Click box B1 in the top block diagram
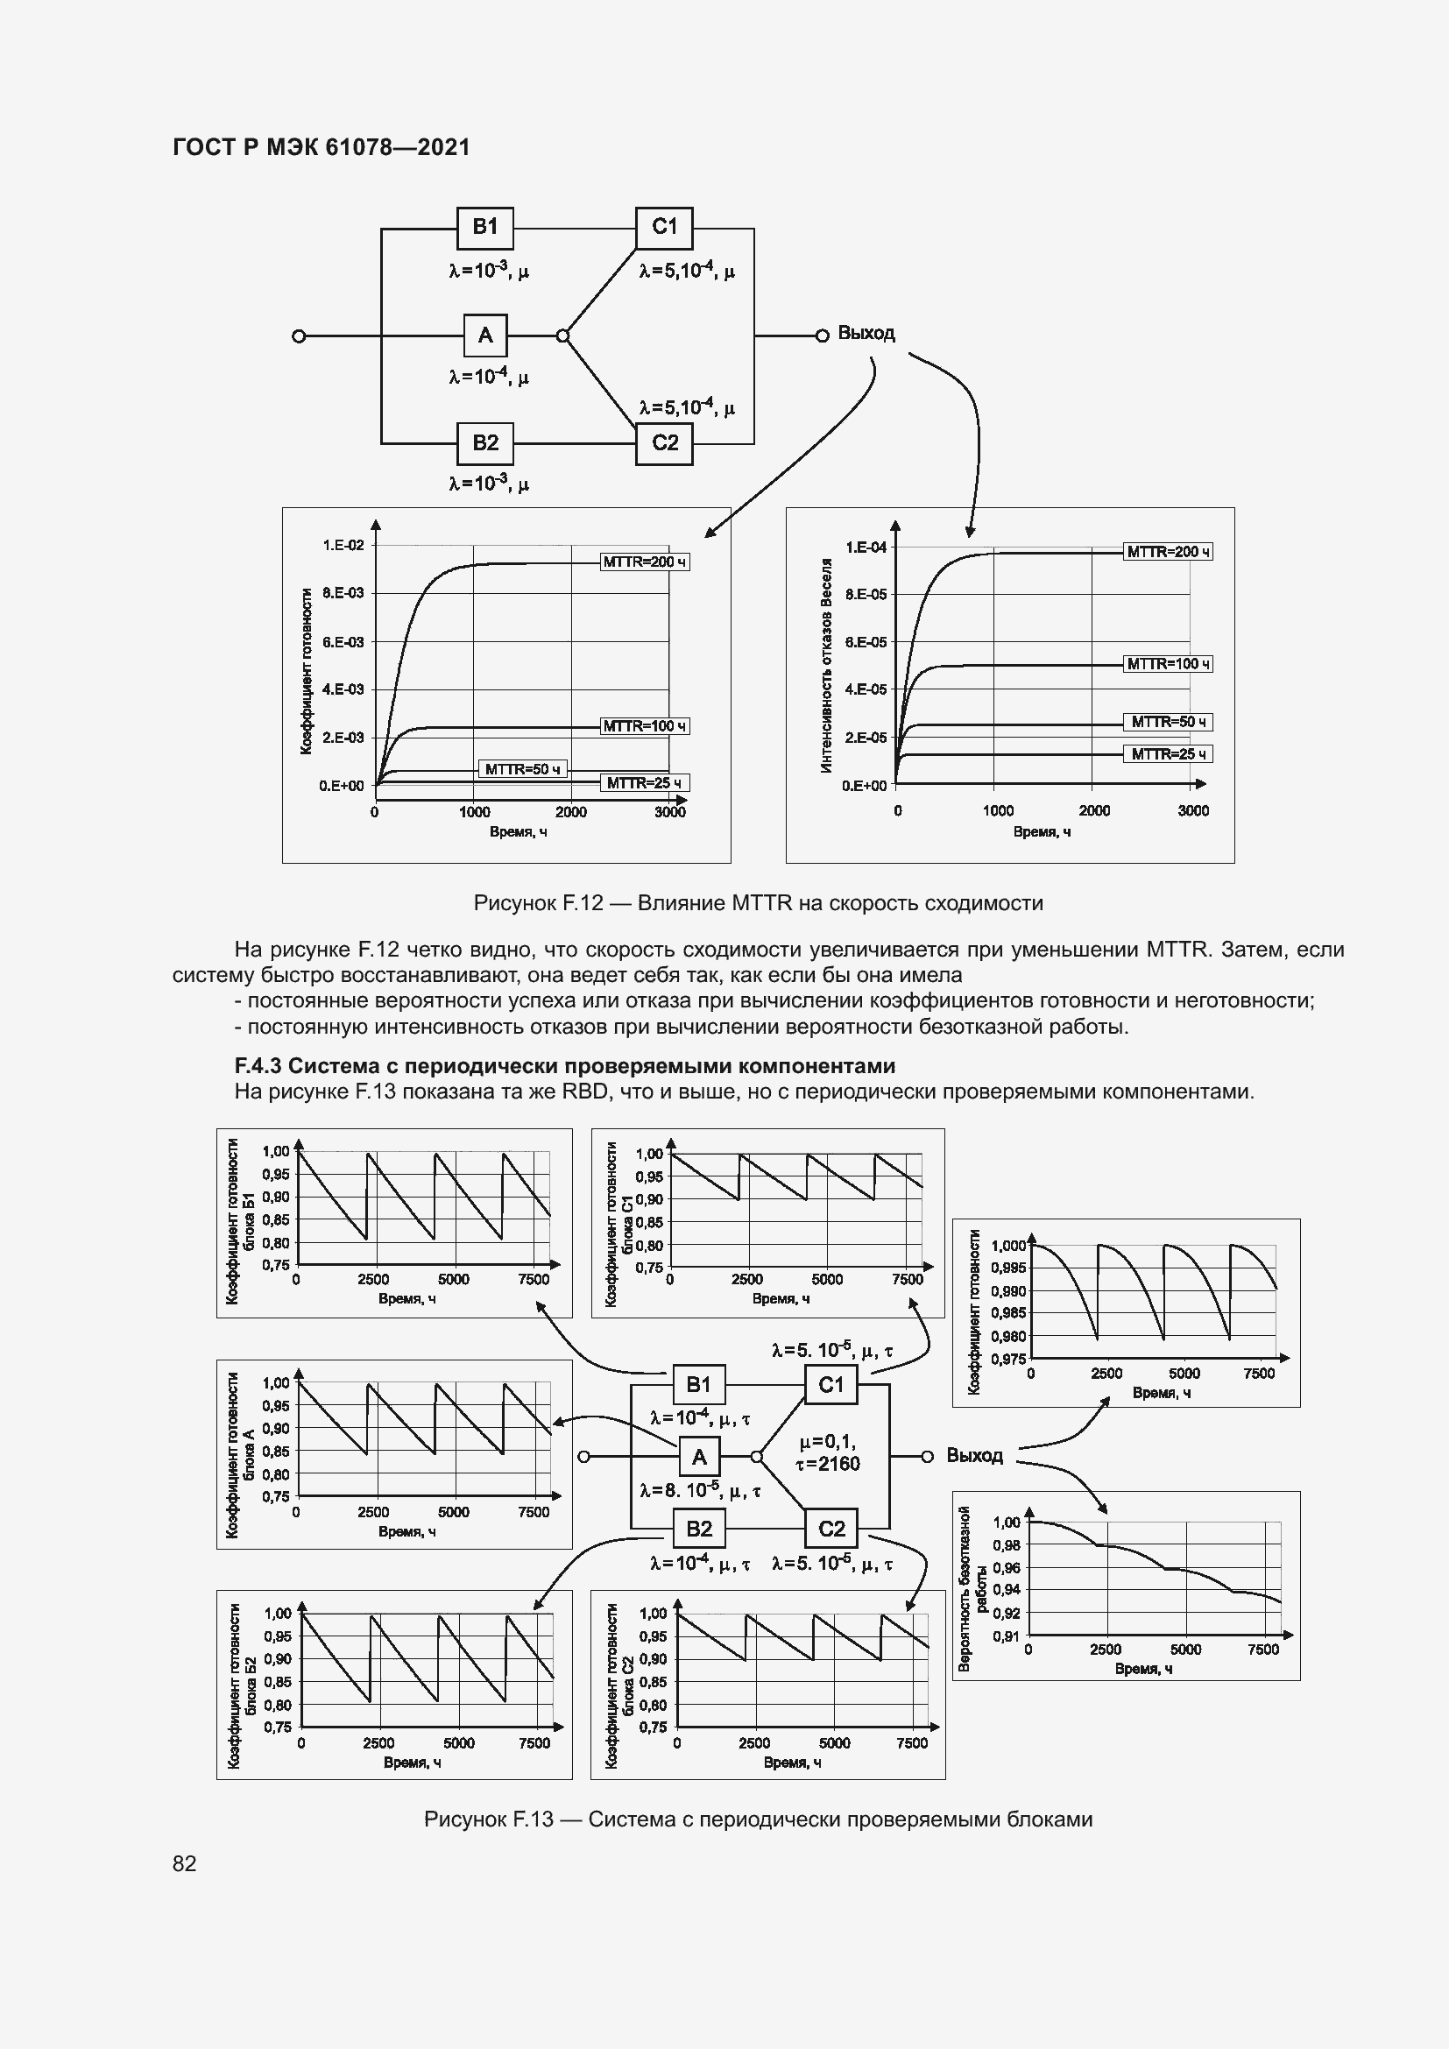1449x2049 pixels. (x=484, y=228)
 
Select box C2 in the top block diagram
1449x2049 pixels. (x=665, y=443)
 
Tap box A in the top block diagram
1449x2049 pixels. (x=485, y=336)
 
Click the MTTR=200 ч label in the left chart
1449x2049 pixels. (x=644, y=562)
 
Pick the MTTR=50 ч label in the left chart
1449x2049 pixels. (x=523, y=768)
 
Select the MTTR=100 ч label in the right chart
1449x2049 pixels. (x=1167, y=664)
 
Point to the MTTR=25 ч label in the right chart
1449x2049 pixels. (x=1167, y=754)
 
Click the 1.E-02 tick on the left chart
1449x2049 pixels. (x=343, y=544)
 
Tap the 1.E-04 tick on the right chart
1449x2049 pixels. (x=866, y=547)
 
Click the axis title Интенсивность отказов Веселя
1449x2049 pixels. (x=826, y=665)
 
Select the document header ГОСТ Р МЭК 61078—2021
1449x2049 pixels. (x=322, y=147)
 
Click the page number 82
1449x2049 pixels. (x=185, y=1863)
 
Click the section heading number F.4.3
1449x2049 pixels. (x=258, y=1065)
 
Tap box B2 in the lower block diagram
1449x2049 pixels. (x=698, y=1529)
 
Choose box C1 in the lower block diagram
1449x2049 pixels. (x=830, y=1385)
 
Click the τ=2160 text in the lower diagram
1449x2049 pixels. (x=827, y=1463)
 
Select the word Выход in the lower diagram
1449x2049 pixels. (x=974, y=1456)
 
